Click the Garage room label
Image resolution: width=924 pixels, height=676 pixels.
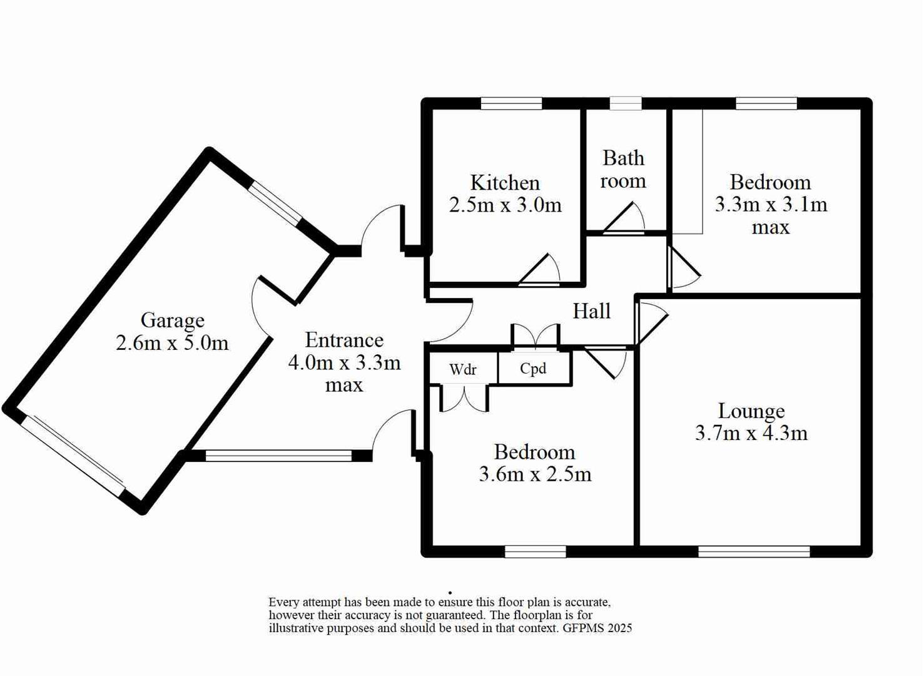[x=172, y=320]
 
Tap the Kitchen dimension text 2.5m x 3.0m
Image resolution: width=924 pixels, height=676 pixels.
[x=505, y=205]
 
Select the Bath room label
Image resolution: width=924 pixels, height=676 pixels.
[x=623, y=169]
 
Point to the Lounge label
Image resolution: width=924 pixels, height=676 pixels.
[x=751, y=411]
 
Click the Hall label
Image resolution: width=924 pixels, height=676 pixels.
[x=591, y=311]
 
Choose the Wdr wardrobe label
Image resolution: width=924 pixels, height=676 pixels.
[x=463, y=369]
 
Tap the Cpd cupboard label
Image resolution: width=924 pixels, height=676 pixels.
[x=533, y=368]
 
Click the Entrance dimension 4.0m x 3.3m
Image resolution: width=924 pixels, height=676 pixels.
[x=344, y=362]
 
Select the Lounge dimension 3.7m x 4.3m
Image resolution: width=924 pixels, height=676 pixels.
[x=751, y=433]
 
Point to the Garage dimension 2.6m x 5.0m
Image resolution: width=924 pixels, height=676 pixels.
[x=172, y=343]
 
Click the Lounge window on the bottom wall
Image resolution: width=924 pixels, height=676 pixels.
[x=753, y=551]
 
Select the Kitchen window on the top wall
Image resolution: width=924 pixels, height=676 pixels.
[x=511, y=104]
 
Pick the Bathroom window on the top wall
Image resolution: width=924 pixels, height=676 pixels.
[x=626, y=104]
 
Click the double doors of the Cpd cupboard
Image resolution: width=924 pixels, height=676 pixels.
[x=535, y=334]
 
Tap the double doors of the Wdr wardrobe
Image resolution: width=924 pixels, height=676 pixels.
[x=464, y=399]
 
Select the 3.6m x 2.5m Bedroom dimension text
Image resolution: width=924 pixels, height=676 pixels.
[x=535, y=474]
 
